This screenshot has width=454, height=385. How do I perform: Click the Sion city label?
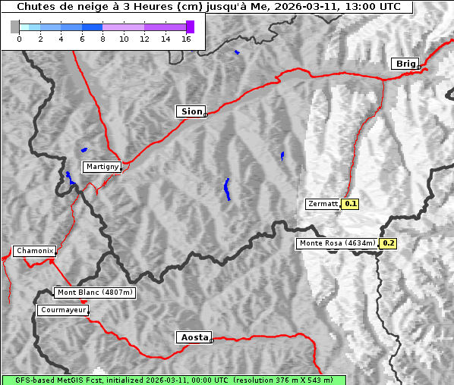(x=191, y=111)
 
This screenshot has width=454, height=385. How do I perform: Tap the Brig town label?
(x=405, y=64)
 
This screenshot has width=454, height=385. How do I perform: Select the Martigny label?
(x=102, y=167)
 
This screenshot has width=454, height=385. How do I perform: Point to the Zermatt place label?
(x=323, y=204)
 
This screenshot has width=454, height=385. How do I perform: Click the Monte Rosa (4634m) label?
(x=337, y=243)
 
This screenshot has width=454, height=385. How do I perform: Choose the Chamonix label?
(x=34, y=251)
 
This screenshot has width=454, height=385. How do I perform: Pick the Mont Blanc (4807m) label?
(x=95, y=293)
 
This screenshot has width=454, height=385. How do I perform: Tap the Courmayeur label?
(x=63, y=310)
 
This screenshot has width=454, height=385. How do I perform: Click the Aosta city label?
(x=194, y=337)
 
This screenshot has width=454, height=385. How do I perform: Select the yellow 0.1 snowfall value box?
(x=350, y=204)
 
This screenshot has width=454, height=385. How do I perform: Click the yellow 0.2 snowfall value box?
(x=388, y=243)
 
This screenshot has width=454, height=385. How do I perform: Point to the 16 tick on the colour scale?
(x=187, y=39)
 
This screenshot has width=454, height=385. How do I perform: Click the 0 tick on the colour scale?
(x=19, y=39)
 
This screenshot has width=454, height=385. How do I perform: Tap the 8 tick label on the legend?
(x=102, y=39)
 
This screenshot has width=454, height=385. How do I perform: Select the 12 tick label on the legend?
(x=144, y=39)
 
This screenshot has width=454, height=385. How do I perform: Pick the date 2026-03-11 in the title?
(x=297, y=7)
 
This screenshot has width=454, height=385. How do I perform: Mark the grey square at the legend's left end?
(x=15, y=27)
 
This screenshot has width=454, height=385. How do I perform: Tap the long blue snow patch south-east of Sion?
(x=227, y=189)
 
